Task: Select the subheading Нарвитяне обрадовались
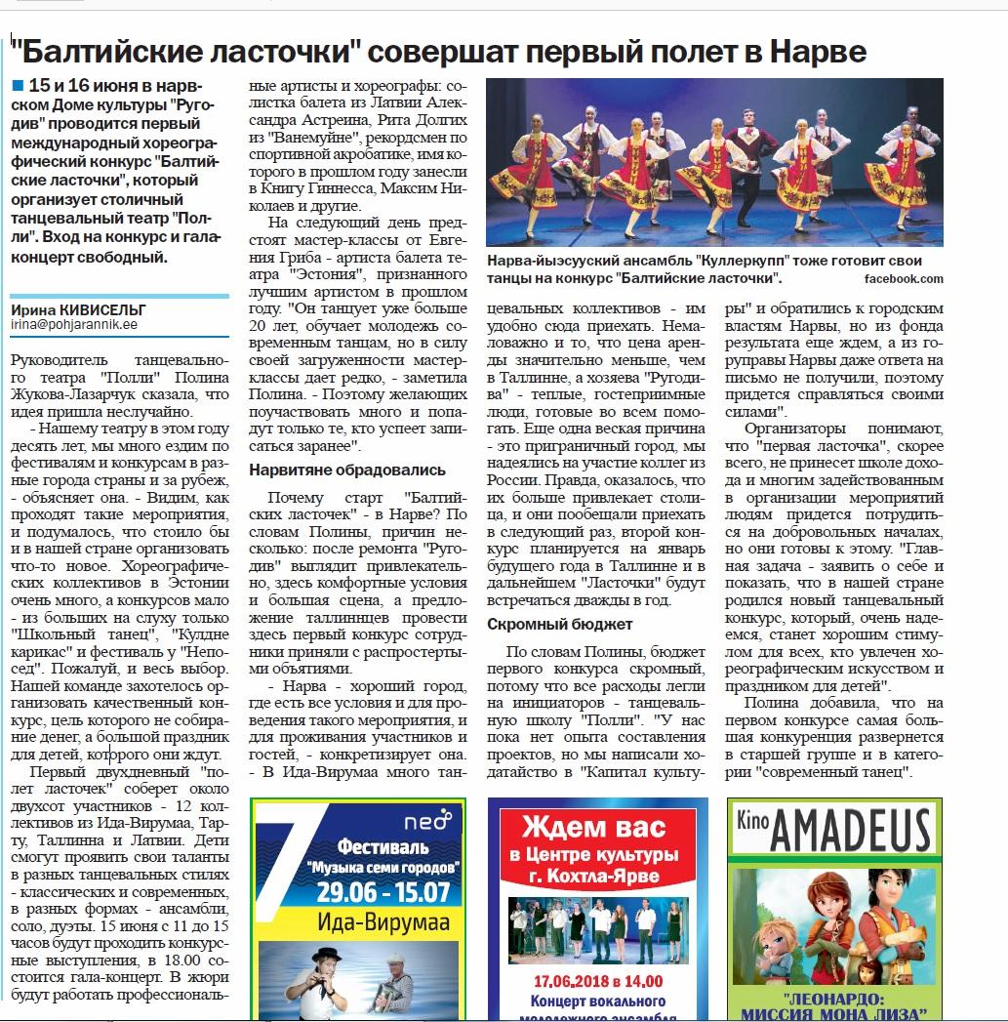click(x=347, y=470)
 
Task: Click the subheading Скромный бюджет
click(x=560, y=624)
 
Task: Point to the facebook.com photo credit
click(x=904, y=278)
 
